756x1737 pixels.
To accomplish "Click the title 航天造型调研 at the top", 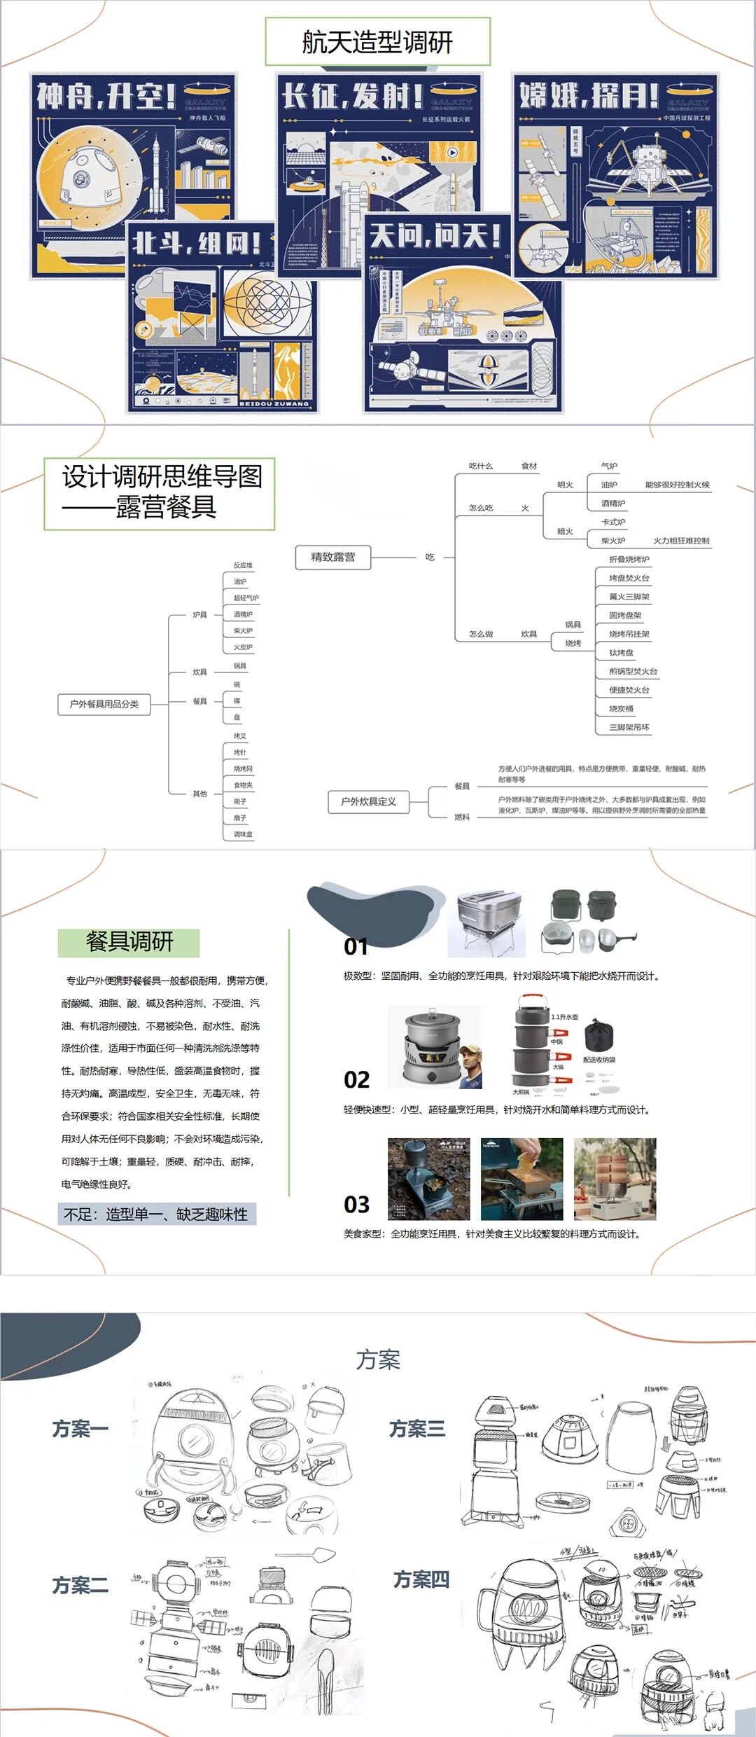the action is coord(377,42).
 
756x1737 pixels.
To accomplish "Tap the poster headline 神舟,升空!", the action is coord(106,96).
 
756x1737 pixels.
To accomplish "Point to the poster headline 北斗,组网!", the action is coord(197,243).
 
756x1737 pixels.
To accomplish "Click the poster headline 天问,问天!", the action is coord(435,236).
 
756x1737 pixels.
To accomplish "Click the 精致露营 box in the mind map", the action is coord(333,557).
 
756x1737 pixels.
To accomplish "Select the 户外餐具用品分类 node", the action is coord(104,704).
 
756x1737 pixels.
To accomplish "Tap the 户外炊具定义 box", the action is coord(368,801).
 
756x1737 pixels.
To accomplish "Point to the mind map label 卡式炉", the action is coord(613,522).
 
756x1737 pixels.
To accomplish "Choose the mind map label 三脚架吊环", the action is coord(629,727).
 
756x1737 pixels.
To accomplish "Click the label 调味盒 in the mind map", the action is coord(243,834).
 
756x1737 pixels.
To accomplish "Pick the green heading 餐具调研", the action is coord(129,942).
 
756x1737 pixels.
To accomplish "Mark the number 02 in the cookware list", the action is coord(356,1080).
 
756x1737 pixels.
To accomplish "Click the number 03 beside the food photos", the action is coord(356,1204).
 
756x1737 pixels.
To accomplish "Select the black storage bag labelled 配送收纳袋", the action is coord(598,1037).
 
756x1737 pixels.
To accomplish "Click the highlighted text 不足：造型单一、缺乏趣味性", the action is coord(156,1214).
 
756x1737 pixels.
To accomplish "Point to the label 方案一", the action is coord(80,1428).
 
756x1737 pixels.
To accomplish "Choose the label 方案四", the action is coord(421,1579).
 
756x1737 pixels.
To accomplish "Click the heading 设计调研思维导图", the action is coord(162,476).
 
